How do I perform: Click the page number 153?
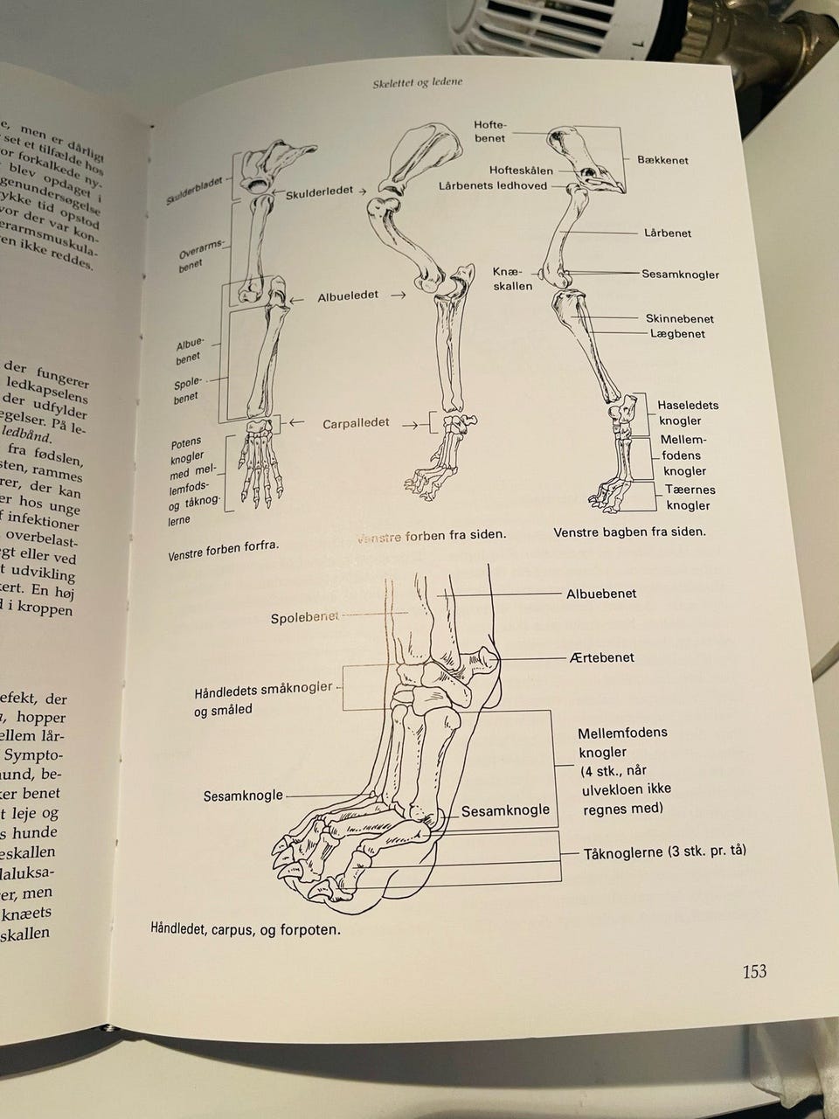click(x=754, y=971)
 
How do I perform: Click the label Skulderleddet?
click(x=319, y=191)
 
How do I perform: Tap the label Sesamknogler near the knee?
click(x=680, y=275)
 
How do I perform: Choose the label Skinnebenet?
click(x=680, y=318)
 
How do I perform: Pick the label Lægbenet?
click(x=677, y=334)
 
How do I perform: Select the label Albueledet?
click(x=348, y=295)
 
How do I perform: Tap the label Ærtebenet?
click(x=600, y=657)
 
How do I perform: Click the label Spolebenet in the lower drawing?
click(x=305, y=618)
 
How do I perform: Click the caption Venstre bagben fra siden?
click(x=629, y=532)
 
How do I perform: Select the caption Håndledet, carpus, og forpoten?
click(x=246, y=929)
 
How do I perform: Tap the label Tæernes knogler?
click(x=688, y=497)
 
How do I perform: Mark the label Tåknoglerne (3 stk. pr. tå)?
click(x=664, y=851)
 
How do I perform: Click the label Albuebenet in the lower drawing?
click(x=601, y=594)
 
